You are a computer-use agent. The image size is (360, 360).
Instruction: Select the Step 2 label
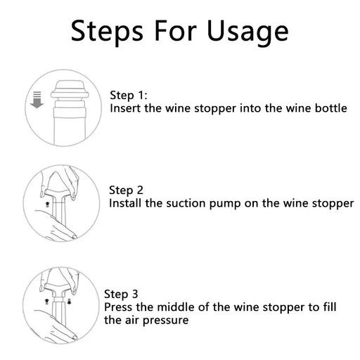tap(127, 190)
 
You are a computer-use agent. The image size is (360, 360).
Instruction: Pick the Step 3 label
tap(122, 295)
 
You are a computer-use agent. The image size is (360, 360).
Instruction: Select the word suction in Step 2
tap(185, 203)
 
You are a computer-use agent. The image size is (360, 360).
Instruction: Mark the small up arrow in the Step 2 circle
tap(46, 202)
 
